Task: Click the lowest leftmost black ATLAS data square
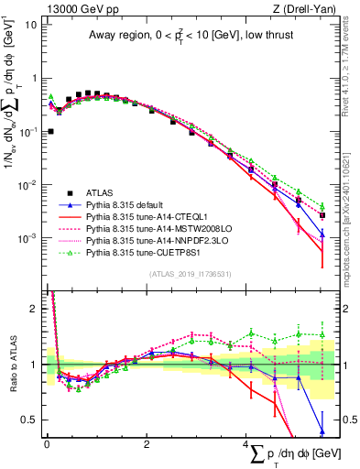point(50,131)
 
